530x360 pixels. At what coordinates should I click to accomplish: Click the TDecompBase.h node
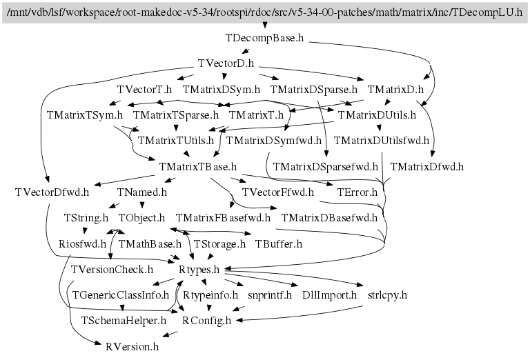(265, 38)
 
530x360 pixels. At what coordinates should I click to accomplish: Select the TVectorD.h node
(226, 63)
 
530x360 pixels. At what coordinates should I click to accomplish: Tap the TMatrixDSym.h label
(222, 90)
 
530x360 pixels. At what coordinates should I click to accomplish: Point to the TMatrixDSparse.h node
(314, 90)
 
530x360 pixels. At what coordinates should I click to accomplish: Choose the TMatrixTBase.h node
(198, 167)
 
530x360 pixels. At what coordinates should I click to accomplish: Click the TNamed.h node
(142, 192)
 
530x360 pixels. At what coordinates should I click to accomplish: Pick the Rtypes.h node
(199, 270)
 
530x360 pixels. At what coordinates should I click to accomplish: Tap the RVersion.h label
(132, 347)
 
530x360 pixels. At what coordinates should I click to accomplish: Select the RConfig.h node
(206, 321)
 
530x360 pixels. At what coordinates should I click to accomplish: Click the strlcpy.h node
(387, 295)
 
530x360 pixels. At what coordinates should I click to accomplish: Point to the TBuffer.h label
(279, 244)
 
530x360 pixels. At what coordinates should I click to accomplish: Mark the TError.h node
(357, 192)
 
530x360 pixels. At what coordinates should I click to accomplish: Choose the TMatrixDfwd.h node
(427, 167)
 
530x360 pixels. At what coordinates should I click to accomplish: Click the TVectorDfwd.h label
(52, 192)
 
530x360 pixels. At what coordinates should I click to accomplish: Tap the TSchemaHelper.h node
(124, 321)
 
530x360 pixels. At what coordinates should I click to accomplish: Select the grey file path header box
(265, 13)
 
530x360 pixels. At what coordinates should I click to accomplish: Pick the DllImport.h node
(330, 295)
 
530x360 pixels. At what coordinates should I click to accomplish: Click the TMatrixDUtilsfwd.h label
(381, 141)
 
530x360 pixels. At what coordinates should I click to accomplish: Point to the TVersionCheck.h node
(112, 270)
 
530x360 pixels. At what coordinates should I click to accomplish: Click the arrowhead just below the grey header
(265, 26)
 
